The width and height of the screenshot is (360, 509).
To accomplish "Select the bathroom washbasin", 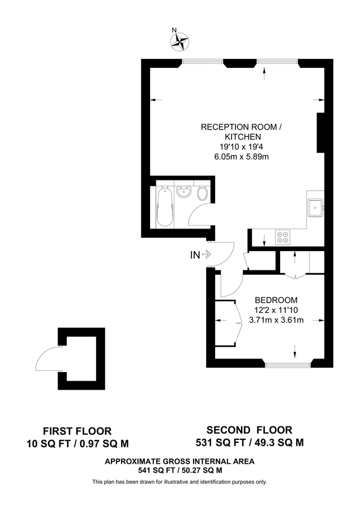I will [x=183, y=193].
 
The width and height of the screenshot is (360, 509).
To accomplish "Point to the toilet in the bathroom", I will [x=203, y=193].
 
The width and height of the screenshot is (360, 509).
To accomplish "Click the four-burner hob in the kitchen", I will [x=282, y=236].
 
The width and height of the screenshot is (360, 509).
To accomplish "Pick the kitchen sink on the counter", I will [x=315, y=208].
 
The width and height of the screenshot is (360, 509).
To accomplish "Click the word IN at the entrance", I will [x=194, y=255].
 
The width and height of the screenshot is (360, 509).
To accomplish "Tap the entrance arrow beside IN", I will [x=206, y=255].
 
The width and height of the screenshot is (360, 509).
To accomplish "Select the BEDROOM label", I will [x=276, y=300].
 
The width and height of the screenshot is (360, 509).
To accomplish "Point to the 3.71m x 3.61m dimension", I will [x=276, y=320].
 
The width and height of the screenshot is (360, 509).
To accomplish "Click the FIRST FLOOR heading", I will [x=78, y=431].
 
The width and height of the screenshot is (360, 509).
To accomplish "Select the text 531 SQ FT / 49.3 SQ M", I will [x=249, y=442].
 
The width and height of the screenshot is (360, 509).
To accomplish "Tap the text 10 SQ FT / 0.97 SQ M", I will [x=78, y=443].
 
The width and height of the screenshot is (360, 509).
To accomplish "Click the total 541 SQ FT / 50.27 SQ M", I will [x=179, y=470].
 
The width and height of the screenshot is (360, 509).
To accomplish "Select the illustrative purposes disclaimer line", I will [x=179, y=482].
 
